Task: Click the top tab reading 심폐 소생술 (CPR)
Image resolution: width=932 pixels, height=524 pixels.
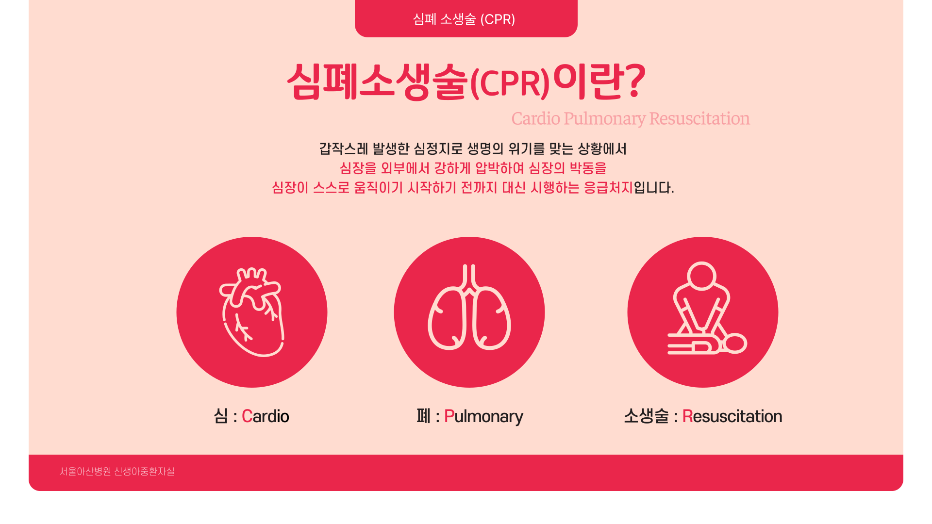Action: [x=466, y=18]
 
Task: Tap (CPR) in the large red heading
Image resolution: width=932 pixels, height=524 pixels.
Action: [x=510, y=83]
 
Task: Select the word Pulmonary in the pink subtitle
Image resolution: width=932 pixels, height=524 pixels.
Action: [x=604, y=119]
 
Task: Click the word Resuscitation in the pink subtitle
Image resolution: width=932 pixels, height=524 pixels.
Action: [x=699, y=118]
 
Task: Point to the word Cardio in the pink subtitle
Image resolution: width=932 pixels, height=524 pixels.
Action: [x=536, y=118]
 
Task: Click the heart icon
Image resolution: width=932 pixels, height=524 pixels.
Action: [x=252, y=312]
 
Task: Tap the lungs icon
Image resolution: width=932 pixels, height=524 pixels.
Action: [x=469, y=307]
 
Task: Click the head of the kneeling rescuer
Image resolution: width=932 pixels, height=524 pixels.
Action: [x=701, y=276]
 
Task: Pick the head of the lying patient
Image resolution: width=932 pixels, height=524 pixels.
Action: [x=734, y=344]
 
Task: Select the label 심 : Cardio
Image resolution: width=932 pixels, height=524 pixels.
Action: [x=251, y=416]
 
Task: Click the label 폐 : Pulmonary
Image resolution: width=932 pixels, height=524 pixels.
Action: [x=469, y=416]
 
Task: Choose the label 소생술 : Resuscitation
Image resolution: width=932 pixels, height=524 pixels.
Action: [x=703, y=416]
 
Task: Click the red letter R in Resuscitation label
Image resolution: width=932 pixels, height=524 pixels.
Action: [x=687, y=416]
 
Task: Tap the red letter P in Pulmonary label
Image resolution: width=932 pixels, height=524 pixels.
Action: [x=449, y=416]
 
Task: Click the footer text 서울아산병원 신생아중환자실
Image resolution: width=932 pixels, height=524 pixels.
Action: [x=117, y=472]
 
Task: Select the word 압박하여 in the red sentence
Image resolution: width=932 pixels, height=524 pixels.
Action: [x=499, y=168]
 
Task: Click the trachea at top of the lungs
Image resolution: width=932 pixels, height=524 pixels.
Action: [x=469, y=278]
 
